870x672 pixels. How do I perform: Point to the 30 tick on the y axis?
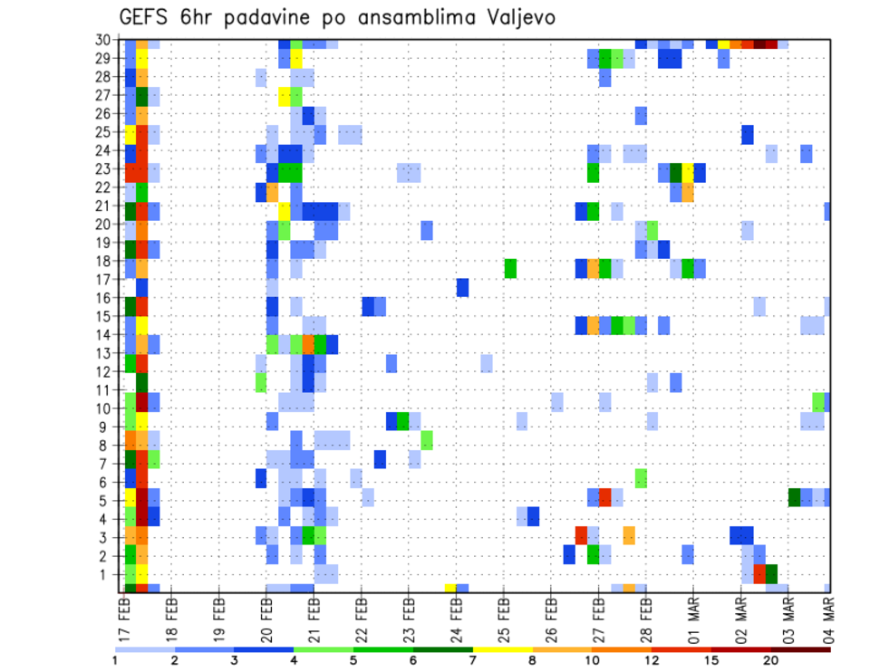[105, 40]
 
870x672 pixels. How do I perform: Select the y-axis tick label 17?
[105, 280]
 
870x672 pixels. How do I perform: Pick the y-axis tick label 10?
[105, 408]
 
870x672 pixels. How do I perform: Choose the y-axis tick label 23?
[105, 169]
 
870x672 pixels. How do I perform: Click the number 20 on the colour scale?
[771, 659]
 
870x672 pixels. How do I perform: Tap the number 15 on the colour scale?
[711, 659]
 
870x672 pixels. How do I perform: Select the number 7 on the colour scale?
[473, 659]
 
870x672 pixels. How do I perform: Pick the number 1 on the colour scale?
[115, 659]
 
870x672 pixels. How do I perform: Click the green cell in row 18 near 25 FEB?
[510, 268]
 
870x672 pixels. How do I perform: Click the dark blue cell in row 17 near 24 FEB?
[462, 287]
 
